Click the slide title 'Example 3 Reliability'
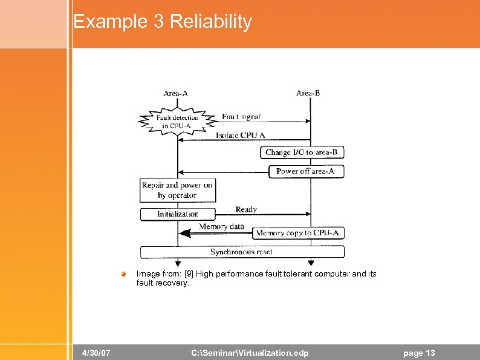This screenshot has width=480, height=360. (x=162, y=22)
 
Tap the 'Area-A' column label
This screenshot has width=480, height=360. (x=175, y=94)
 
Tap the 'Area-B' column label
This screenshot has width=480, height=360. (x=308, y=93)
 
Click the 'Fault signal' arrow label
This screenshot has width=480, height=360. (x=241, y=117)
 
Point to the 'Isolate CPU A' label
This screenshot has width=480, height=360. (x=241, y=136)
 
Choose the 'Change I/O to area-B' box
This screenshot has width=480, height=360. (x=302, y=152)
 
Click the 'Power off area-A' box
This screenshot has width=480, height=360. (x=305, y=171)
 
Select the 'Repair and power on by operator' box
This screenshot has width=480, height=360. (x=178, y=190)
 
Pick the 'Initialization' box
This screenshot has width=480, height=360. (x=178, y=214)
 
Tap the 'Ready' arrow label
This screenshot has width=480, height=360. (x=246, y=209)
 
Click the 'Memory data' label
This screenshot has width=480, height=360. (x=222, y=227)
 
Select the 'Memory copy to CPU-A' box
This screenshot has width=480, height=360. (x=299, y=233)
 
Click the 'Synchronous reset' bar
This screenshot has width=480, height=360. (x=242, y=252)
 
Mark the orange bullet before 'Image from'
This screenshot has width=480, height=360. (x=124, y=274)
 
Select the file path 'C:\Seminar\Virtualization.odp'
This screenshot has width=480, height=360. (x=250, y=353)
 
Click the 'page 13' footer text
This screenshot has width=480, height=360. (x=418, y=353)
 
